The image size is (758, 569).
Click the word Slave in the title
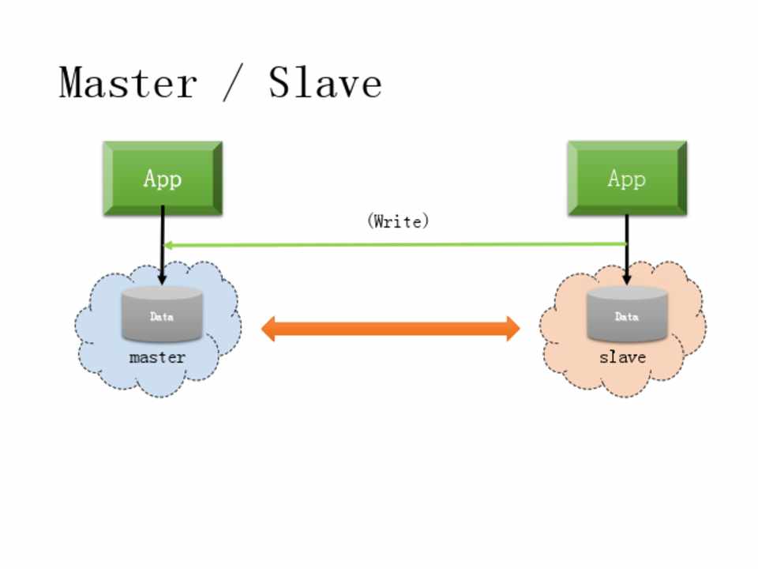coord(325,82)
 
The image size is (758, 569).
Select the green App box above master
coord(163,179)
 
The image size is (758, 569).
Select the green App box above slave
coord(627,179)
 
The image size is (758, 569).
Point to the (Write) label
coord(398,221)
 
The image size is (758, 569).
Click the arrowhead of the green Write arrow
coord(168,245)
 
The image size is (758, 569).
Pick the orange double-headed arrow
coord(390,328)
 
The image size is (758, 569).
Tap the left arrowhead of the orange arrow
coord(269,328)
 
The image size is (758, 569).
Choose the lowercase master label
coord(157,357)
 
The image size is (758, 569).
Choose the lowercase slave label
coord(622,357)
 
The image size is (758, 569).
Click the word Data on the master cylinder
coord(162,317)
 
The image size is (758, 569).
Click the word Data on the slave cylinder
coord(627,317)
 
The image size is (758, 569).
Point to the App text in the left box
coord(163,179)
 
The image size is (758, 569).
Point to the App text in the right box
coord(627,179)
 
